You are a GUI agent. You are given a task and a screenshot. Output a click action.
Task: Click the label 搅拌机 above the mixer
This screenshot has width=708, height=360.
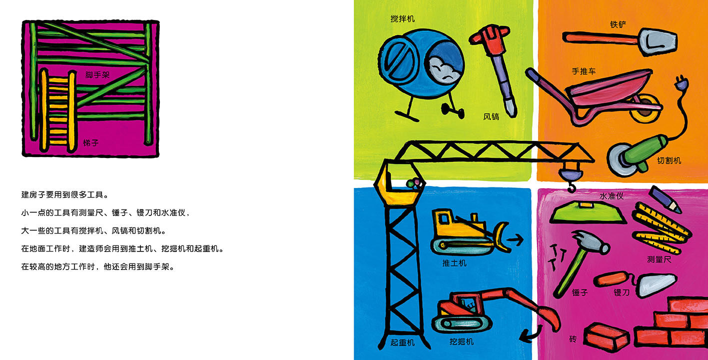(403, 19)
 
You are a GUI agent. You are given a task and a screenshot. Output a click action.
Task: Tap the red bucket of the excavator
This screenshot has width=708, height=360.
(549, 317)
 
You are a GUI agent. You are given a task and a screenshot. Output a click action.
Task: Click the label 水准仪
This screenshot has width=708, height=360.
(612, 196)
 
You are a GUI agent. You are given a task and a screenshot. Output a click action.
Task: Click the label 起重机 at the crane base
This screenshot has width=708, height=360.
(403, 342)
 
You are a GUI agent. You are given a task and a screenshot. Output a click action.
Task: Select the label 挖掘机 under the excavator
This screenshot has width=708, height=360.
(461, 342)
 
